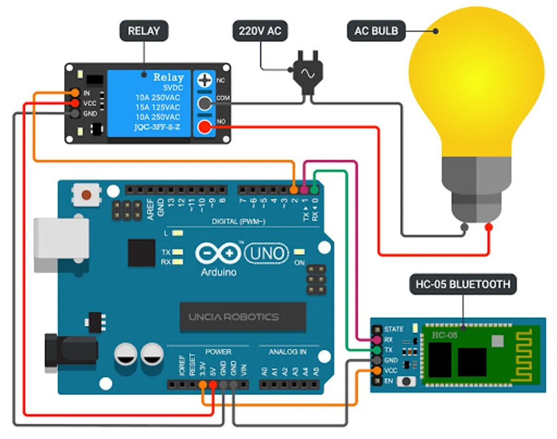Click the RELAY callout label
coord(144,31)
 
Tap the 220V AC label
coord(260,31)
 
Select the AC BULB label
coord(376,31)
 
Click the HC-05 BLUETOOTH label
coord(462,284)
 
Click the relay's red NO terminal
coord(205,128)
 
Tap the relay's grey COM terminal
coord(205,103)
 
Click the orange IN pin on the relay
coord(75,92)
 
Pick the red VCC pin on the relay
coord(75,103)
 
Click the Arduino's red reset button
coord(86,195)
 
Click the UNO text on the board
coord(267,253)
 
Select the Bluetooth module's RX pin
coord(376,339)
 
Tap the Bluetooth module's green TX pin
coord(376,350)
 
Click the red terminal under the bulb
coord(489,227)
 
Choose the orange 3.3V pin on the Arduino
coord(203,384)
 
